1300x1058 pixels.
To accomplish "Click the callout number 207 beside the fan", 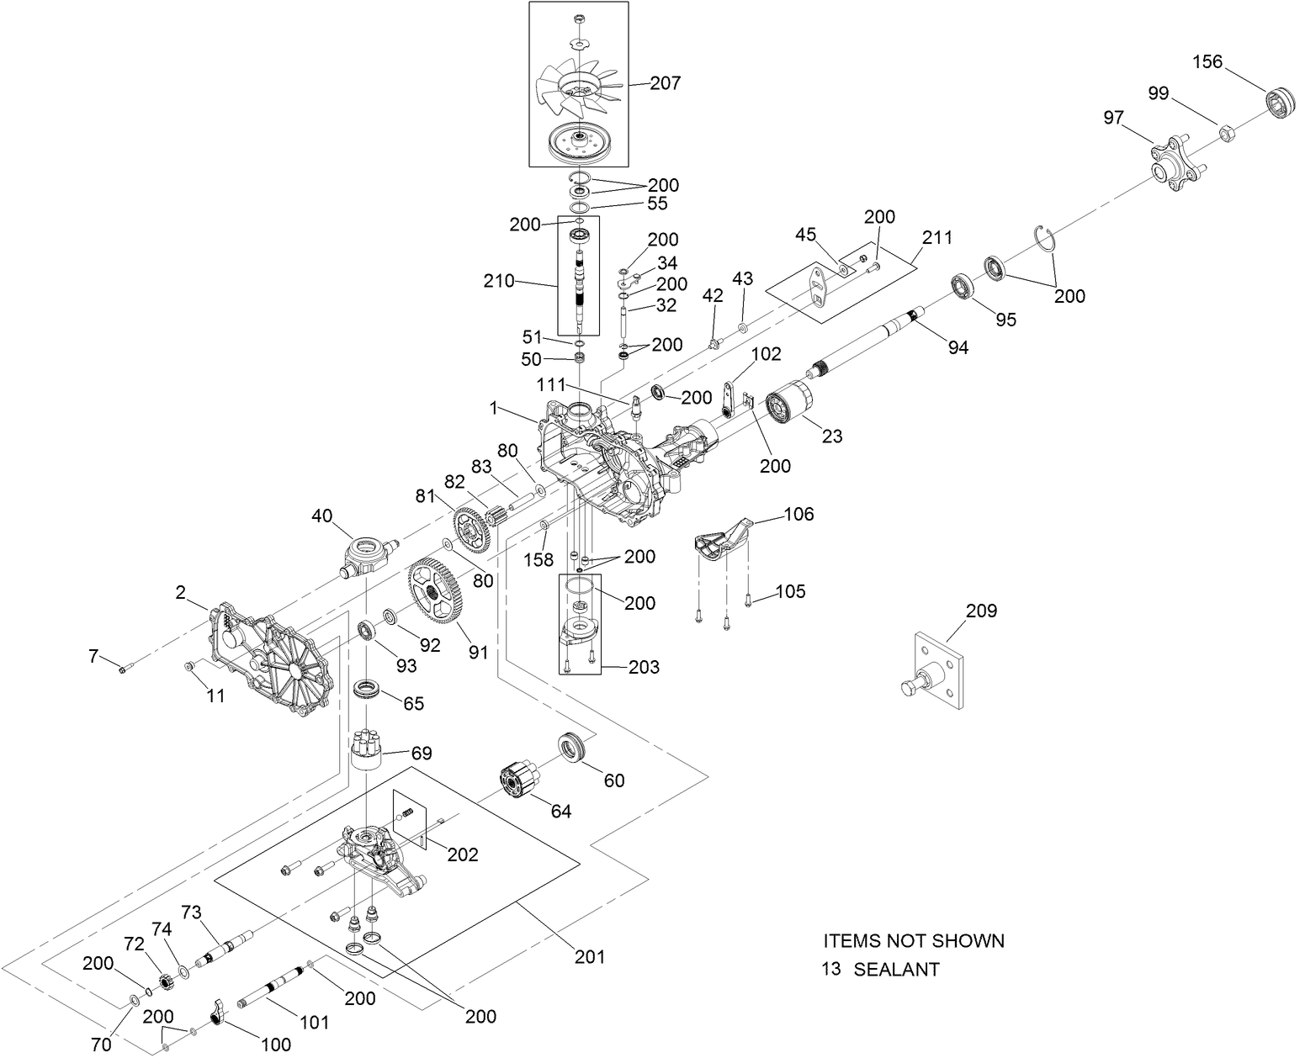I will click(666, 83).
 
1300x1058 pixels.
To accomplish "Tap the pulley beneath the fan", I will click(577, 141).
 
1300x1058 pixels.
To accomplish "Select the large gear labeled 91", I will click(438, 593).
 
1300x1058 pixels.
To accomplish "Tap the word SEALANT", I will click(896, 969).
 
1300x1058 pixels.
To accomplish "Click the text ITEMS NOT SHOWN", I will click(913, 940).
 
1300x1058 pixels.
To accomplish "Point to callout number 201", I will click(590, 956).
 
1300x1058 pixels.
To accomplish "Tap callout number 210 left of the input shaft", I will click(498, 281).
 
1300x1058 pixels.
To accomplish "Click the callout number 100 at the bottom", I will click(275, 1045).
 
